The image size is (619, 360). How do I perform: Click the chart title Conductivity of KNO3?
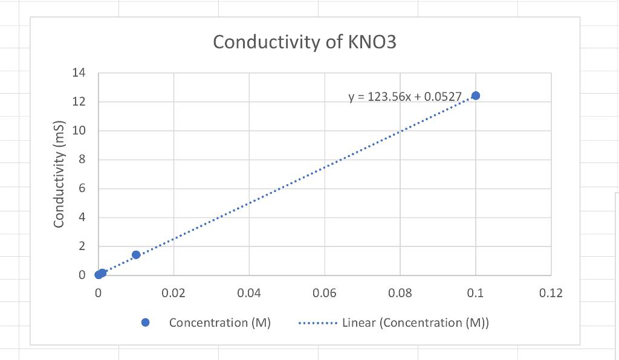[305, 43]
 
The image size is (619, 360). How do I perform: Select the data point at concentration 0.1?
[476, 95]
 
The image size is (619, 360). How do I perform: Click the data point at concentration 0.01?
[136, 255]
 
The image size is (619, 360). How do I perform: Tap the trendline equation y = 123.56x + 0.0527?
[405, 97]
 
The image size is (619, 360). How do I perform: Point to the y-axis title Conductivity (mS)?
[59, 175]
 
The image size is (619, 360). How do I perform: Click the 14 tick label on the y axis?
[79, 74]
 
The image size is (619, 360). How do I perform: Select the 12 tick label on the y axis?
[79, 102]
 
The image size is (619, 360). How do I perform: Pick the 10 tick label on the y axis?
[79, 131]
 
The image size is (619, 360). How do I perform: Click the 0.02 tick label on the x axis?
[173, 294]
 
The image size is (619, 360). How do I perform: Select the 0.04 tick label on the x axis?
[249, 294]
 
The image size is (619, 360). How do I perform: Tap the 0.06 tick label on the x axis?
[325, 294]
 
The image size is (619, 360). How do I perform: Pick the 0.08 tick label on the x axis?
[400, 294]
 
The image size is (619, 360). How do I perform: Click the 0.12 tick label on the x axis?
[551, 294]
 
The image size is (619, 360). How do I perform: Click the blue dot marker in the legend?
[145, 323]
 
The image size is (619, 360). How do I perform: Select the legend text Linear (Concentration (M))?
[415, 323]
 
